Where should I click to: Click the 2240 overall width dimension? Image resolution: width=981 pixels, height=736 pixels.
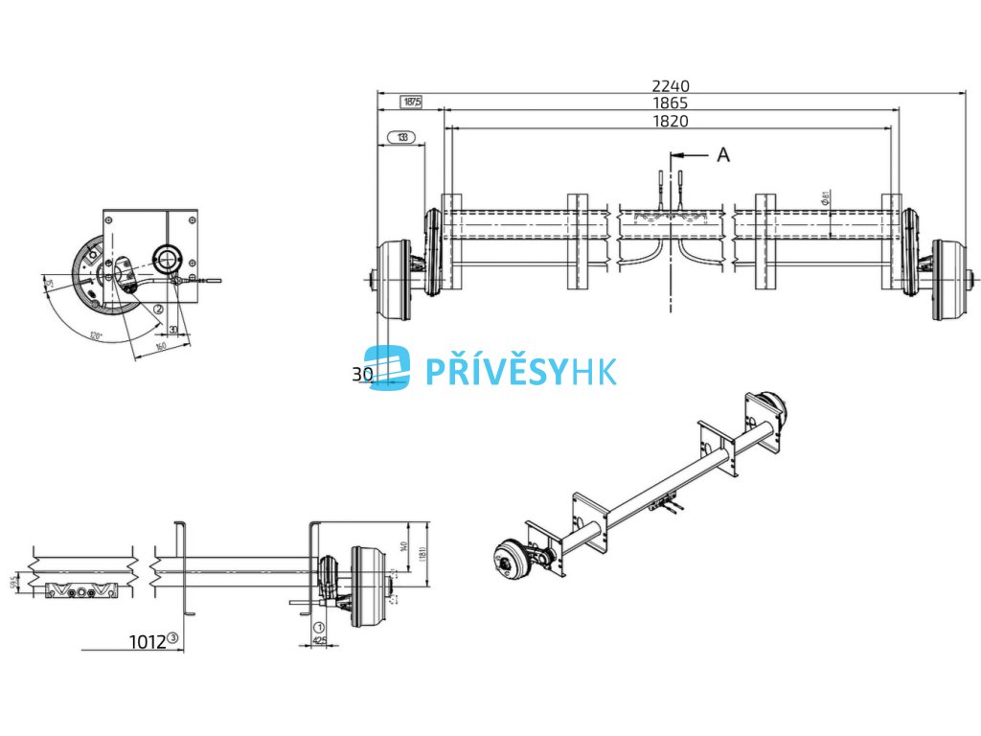[x=670, y=85]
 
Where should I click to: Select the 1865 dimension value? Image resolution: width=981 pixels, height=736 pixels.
[x=670, y=103]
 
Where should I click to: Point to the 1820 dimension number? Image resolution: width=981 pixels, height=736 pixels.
[x=670, y=121]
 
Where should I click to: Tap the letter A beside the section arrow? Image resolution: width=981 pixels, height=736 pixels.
[x=723, y=154]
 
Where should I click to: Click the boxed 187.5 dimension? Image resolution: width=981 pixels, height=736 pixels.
[x=411, y=102]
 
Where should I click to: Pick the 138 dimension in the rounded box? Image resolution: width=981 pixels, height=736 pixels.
[x=401, y=138]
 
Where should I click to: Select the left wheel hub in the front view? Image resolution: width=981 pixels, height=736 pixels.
[x=394, y=280]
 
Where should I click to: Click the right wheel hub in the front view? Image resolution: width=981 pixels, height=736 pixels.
[x=948, y=280]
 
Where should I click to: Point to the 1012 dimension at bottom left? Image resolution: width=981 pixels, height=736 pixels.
[x=148, y=640]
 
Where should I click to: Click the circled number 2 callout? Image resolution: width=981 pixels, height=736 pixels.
[x=157, y=309]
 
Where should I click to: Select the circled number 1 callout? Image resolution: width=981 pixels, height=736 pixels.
[x=317, y=628]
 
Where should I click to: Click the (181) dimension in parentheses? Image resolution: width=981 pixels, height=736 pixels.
[x=422, y=553]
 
